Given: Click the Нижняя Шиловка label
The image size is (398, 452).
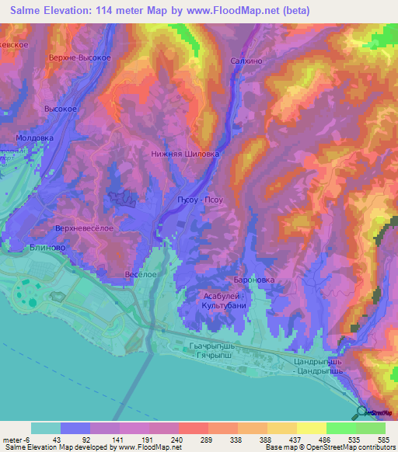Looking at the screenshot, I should pyautogui.click(x=185, y=154).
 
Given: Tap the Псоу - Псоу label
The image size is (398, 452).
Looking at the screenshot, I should pyautogui.click(x=201, y=200).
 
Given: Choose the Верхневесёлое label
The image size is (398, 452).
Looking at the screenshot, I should pyautogui.click(x=85, y=228).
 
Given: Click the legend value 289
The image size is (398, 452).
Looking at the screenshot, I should pyautogui.click(x=207, y=439).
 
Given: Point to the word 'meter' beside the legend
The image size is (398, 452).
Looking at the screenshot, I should pyautogui.click(x=13, y=439).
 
